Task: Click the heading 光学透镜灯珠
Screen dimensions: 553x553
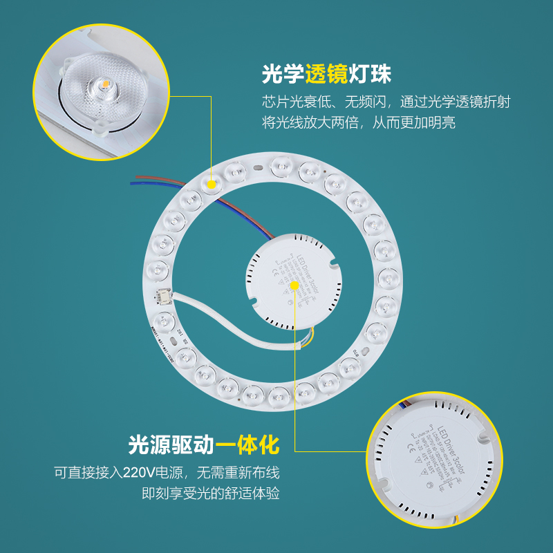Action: pyautogui.click(x=331, y=74)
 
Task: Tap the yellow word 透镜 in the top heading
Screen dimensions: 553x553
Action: pyautogui.click(x=331, y=74)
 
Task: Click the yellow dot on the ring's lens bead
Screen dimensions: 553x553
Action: pyautogui.click(x=212, y=185)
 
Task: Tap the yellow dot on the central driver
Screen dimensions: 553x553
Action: pyautogui.click(x=295, y=284)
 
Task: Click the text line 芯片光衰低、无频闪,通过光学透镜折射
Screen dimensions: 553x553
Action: pyautogui.click(x=386, y=102)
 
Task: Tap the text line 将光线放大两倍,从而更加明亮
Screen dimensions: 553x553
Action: pyautogui.click(x=359, y=123)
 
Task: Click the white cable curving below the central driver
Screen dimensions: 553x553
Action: pyautogui.click(x=228, y=325)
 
